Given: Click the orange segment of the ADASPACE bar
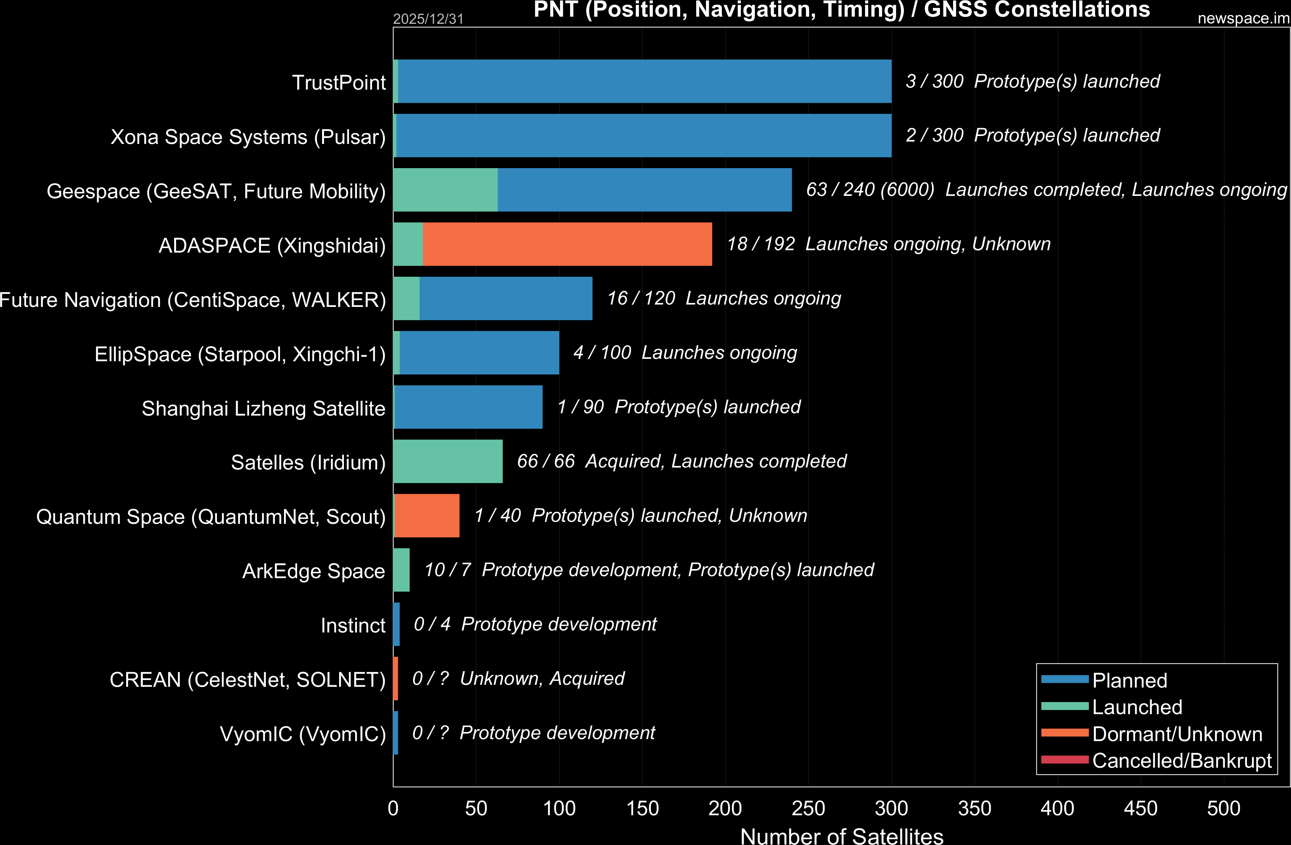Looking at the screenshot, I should pos(567,244).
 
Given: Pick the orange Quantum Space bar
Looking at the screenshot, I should pos(427,515).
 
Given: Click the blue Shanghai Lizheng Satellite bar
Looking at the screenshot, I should pos(468,407).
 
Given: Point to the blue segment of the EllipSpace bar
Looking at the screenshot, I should pos(479,353).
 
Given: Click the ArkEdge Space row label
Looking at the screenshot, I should pos(313,571).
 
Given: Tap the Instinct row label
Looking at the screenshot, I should pos(353,625).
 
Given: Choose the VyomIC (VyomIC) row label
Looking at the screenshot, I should pos(303,734).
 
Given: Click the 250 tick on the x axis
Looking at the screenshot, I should pos(808,808).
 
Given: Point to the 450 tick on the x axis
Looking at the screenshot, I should pos(1140,808).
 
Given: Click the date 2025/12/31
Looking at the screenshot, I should pos(428,19).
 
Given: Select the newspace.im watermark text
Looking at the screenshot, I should pos(1243,18).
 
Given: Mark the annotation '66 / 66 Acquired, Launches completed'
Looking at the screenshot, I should pos(681,461).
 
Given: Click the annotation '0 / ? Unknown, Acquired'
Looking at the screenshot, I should pos(518,678).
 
